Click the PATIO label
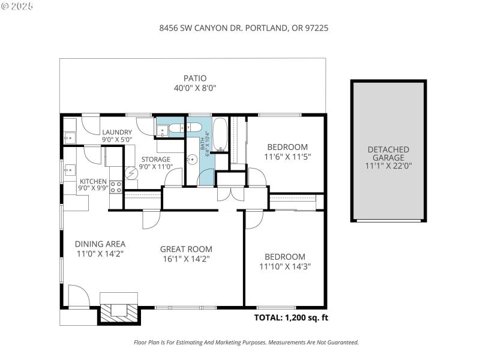[194, 78]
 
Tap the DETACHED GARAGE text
[388, 154]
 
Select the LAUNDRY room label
[116, 133]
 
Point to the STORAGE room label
[156, 160]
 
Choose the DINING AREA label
[100, 244]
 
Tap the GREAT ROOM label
[185, 249]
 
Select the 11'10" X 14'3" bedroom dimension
[286, 266]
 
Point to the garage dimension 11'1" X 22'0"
[388, 166]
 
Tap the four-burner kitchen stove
[116, 185]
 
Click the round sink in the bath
[193, 160]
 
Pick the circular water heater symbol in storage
[131, 173]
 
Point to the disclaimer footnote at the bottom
[245, 343]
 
